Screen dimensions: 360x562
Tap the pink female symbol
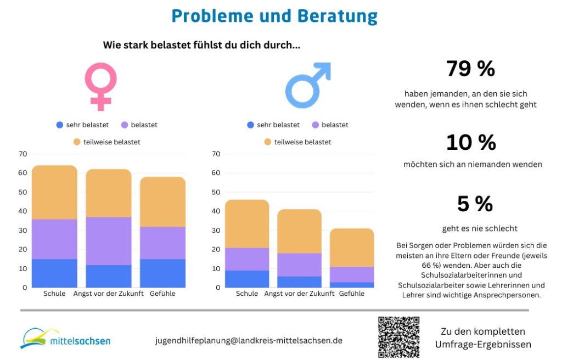100,86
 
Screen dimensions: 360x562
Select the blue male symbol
308,85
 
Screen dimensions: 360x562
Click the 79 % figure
470,69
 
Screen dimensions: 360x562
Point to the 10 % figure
470,143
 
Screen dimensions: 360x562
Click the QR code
399,337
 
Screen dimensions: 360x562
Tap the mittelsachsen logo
65,339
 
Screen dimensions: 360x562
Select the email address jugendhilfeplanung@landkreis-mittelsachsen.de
249,340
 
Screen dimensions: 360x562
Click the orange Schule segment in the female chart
54,192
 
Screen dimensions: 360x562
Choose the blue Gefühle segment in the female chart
162,273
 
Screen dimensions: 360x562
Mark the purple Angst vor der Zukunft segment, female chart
108,241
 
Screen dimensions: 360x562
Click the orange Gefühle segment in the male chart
352,248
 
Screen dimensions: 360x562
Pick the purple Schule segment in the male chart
247,259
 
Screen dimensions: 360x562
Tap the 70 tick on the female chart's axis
23,154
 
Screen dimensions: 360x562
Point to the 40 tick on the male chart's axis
216,211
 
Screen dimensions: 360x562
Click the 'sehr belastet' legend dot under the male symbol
251,125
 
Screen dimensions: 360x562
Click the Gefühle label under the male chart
352,294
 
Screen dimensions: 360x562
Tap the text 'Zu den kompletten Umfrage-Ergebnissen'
483,338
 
